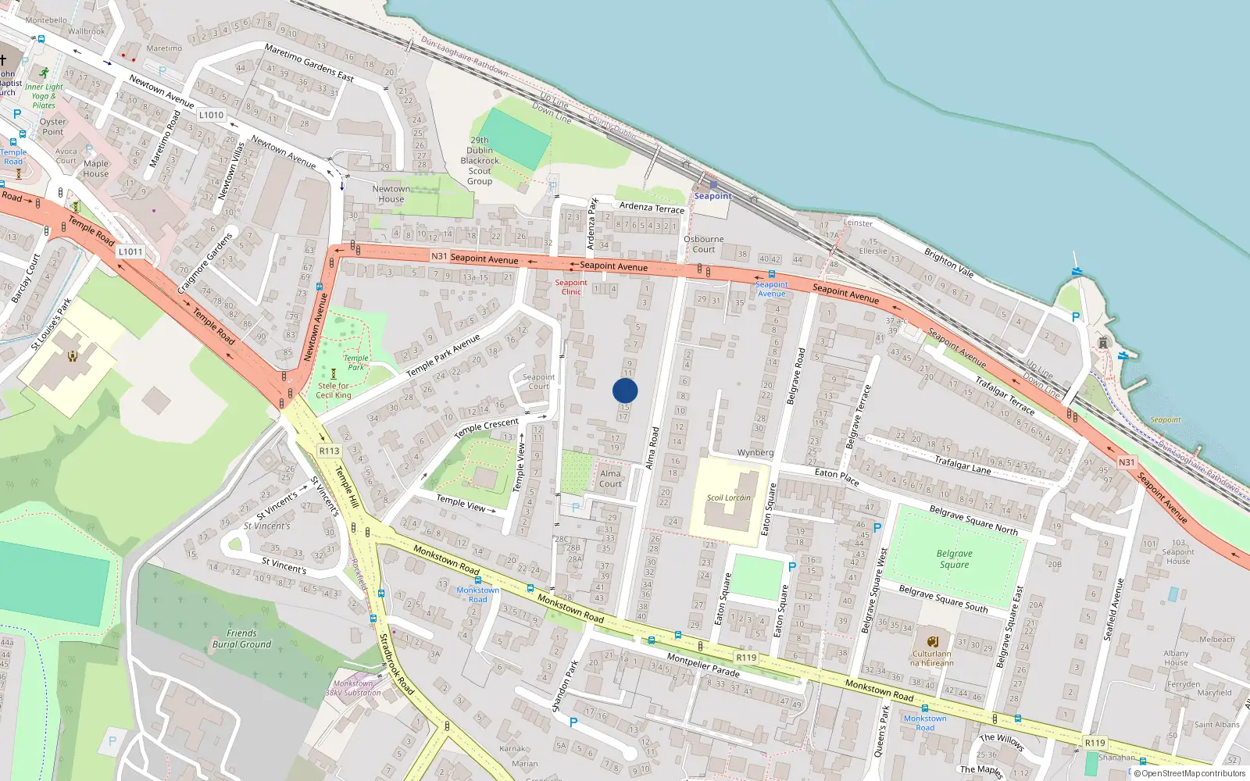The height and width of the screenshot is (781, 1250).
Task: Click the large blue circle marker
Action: point(625,390)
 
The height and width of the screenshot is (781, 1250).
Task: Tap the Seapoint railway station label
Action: point(712,196)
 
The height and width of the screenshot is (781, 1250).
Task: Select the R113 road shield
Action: point(330,451)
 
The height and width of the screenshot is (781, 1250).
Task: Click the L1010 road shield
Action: point(211,115)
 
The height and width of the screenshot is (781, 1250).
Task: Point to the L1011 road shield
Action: point(130,251)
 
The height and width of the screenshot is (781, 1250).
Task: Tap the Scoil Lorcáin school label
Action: point(728,497)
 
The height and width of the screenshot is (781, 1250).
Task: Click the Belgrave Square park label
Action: point(954,558)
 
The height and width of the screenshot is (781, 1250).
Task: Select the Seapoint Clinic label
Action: point(571,287)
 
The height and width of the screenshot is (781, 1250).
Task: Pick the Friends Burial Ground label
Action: point(241,638)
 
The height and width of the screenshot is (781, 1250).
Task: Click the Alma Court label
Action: point(610,479)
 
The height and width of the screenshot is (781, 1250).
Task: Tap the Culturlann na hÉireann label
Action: point(931,658)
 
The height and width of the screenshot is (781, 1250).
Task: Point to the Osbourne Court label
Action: point(703,244)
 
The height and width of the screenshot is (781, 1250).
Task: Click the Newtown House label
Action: point(391,194)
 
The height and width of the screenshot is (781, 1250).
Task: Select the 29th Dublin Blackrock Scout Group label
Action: point(480,161)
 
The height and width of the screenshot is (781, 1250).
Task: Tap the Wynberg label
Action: point(755,452)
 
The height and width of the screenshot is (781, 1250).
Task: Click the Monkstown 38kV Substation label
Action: point(353,688)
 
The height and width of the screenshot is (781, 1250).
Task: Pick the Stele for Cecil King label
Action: point(334,390)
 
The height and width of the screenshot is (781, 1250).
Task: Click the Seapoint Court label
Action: point(538,381)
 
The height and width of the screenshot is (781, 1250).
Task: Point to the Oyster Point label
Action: point(53,127)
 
